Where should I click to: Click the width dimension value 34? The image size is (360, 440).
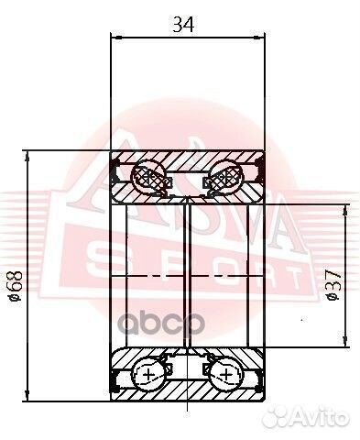[188, 25]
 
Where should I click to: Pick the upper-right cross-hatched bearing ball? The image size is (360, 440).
[228, 178]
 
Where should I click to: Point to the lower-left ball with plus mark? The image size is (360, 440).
[147, 374]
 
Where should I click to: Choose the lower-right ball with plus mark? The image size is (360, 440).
[228, 374]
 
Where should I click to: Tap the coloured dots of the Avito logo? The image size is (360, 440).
[287, 421]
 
